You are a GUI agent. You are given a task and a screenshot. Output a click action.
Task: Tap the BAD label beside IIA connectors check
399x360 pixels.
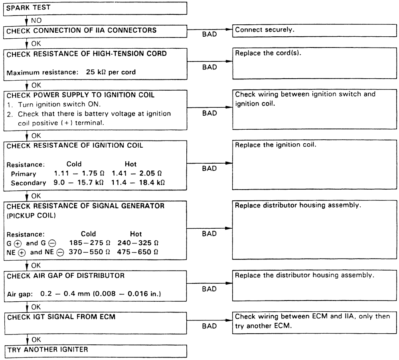pyautogui.click(x=209, y=35)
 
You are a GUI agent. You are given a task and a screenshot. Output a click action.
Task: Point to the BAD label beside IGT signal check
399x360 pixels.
pyautogui.click(x=209, y=326)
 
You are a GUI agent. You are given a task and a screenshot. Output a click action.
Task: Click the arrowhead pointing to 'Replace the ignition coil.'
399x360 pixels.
pyautogui.click(x=229, y=163)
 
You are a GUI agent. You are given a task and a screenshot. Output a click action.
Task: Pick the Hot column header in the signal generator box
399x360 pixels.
pyautogui.click(x=136, y=234)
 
